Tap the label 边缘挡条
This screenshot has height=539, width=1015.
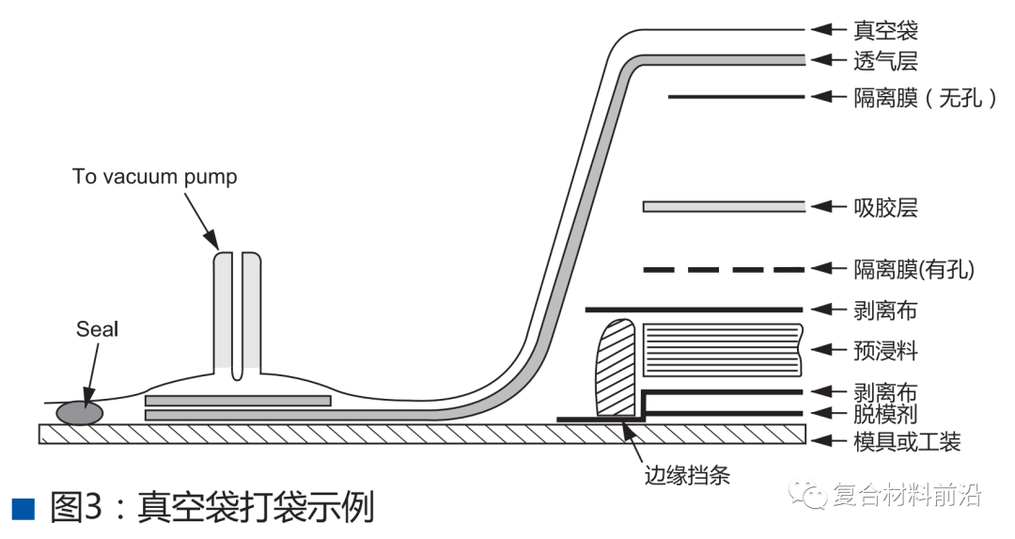coord(687,475)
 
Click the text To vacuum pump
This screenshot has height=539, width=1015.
coord(155,177)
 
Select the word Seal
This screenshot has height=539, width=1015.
coord(98,329)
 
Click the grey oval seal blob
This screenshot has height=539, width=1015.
coord(81,412)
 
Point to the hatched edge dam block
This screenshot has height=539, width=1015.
coord(617,367)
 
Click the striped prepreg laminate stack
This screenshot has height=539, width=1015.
coord(722,350)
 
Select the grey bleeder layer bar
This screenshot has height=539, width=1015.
coord(723,207)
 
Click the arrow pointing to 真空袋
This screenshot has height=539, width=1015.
coord(828,30)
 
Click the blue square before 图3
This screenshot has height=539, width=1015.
coord(23,509)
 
